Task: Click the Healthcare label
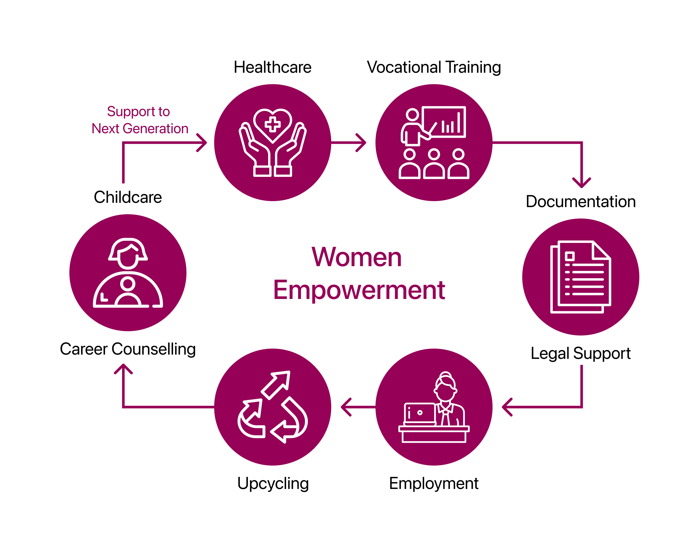(x=272, y=67)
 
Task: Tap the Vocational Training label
(x=433, y=67)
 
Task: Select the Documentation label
(x=581, y=202)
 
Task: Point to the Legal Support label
(x=581, y=353)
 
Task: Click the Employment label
(x=433, y=483)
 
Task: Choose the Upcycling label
(x=273, y=483)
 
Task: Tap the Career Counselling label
(x=128, y=349)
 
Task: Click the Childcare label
(x=128, y=197)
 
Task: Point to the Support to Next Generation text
(x=139, y=120)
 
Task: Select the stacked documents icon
(x=581, y=277)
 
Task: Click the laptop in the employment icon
(x=419, y=413)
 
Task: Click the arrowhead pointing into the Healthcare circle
(x=203, y=143)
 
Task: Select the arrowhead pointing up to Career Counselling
(x=123, y=368)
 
